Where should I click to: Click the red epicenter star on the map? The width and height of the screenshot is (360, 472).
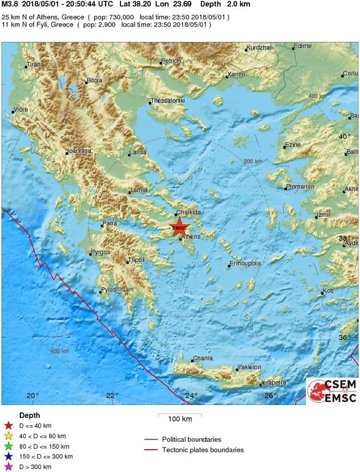point(179,227)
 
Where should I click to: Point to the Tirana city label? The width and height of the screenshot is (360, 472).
point(36,65)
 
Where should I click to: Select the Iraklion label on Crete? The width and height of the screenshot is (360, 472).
point(249,368)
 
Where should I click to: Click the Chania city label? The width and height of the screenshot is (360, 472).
point(203,358)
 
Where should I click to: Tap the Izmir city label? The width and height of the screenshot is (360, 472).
point(323,215)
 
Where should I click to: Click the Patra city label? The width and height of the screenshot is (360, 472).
point(110,223)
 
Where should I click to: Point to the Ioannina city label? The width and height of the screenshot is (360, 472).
point(79,151)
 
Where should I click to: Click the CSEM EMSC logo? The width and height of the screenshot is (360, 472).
point(332,391)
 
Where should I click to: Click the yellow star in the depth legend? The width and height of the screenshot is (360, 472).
point(8,436)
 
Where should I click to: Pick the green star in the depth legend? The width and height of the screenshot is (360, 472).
point(8,446)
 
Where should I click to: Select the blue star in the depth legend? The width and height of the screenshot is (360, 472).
point(8,457)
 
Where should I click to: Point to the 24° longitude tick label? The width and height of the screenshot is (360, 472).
point(192,395)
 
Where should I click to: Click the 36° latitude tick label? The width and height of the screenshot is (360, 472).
point(345,337)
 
